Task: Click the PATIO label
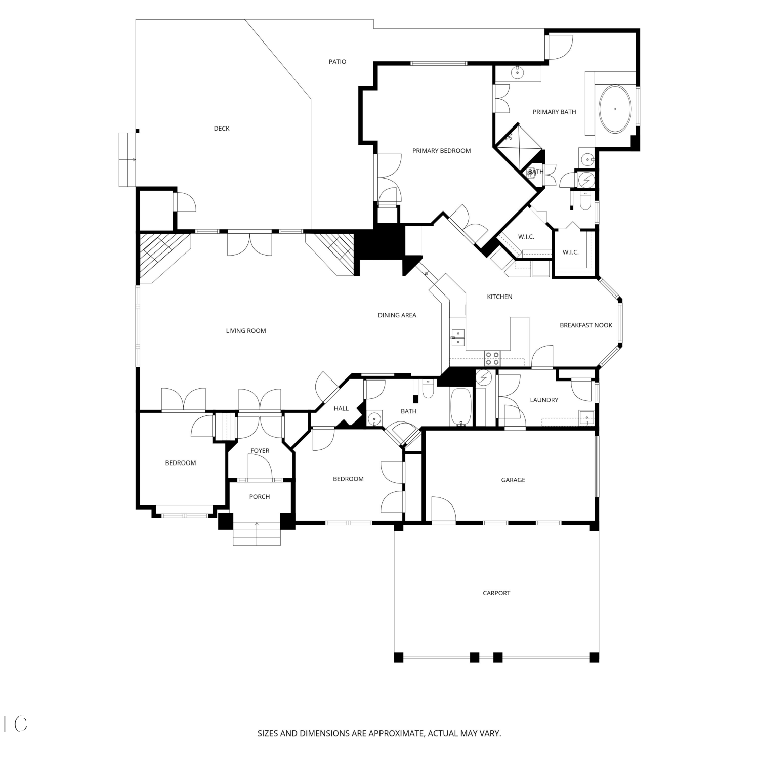[338, 62]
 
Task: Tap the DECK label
[222, 129]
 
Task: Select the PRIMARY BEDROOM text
[441, 151]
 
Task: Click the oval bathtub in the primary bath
[615, 109]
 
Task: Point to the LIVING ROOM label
[246, 331]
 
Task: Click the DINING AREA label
[397, 315]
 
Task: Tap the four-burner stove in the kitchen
[492, 358]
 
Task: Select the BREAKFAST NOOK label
[586, 325]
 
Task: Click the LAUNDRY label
[544, 400]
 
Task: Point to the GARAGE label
[513, 480]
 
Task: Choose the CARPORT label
[496, 593]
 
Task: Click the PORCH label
[260, 497]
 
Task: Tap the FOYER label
[260, 451]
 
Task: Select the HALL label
[341, 408]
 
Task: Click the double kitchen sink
[457, 338]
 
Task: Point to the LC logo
[15, 724]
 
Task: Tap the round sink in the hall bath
[374, 418]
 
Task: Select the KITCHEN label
[499, 297]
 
